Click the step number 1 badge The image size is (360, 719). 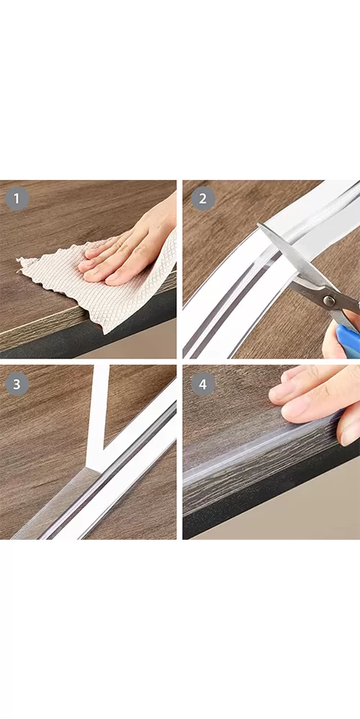(17, 199)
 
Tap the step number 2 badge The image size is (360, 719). (203, 199)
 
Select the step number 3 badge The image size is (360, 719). (17, 384)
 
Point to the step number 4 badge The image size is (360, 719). (203, 384)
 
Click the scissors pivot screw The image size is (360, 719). (328, 301)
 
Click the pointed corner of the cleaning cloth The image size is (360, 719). (18, 260)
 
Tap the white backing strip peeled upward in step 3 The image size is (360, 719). (99, 417)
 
